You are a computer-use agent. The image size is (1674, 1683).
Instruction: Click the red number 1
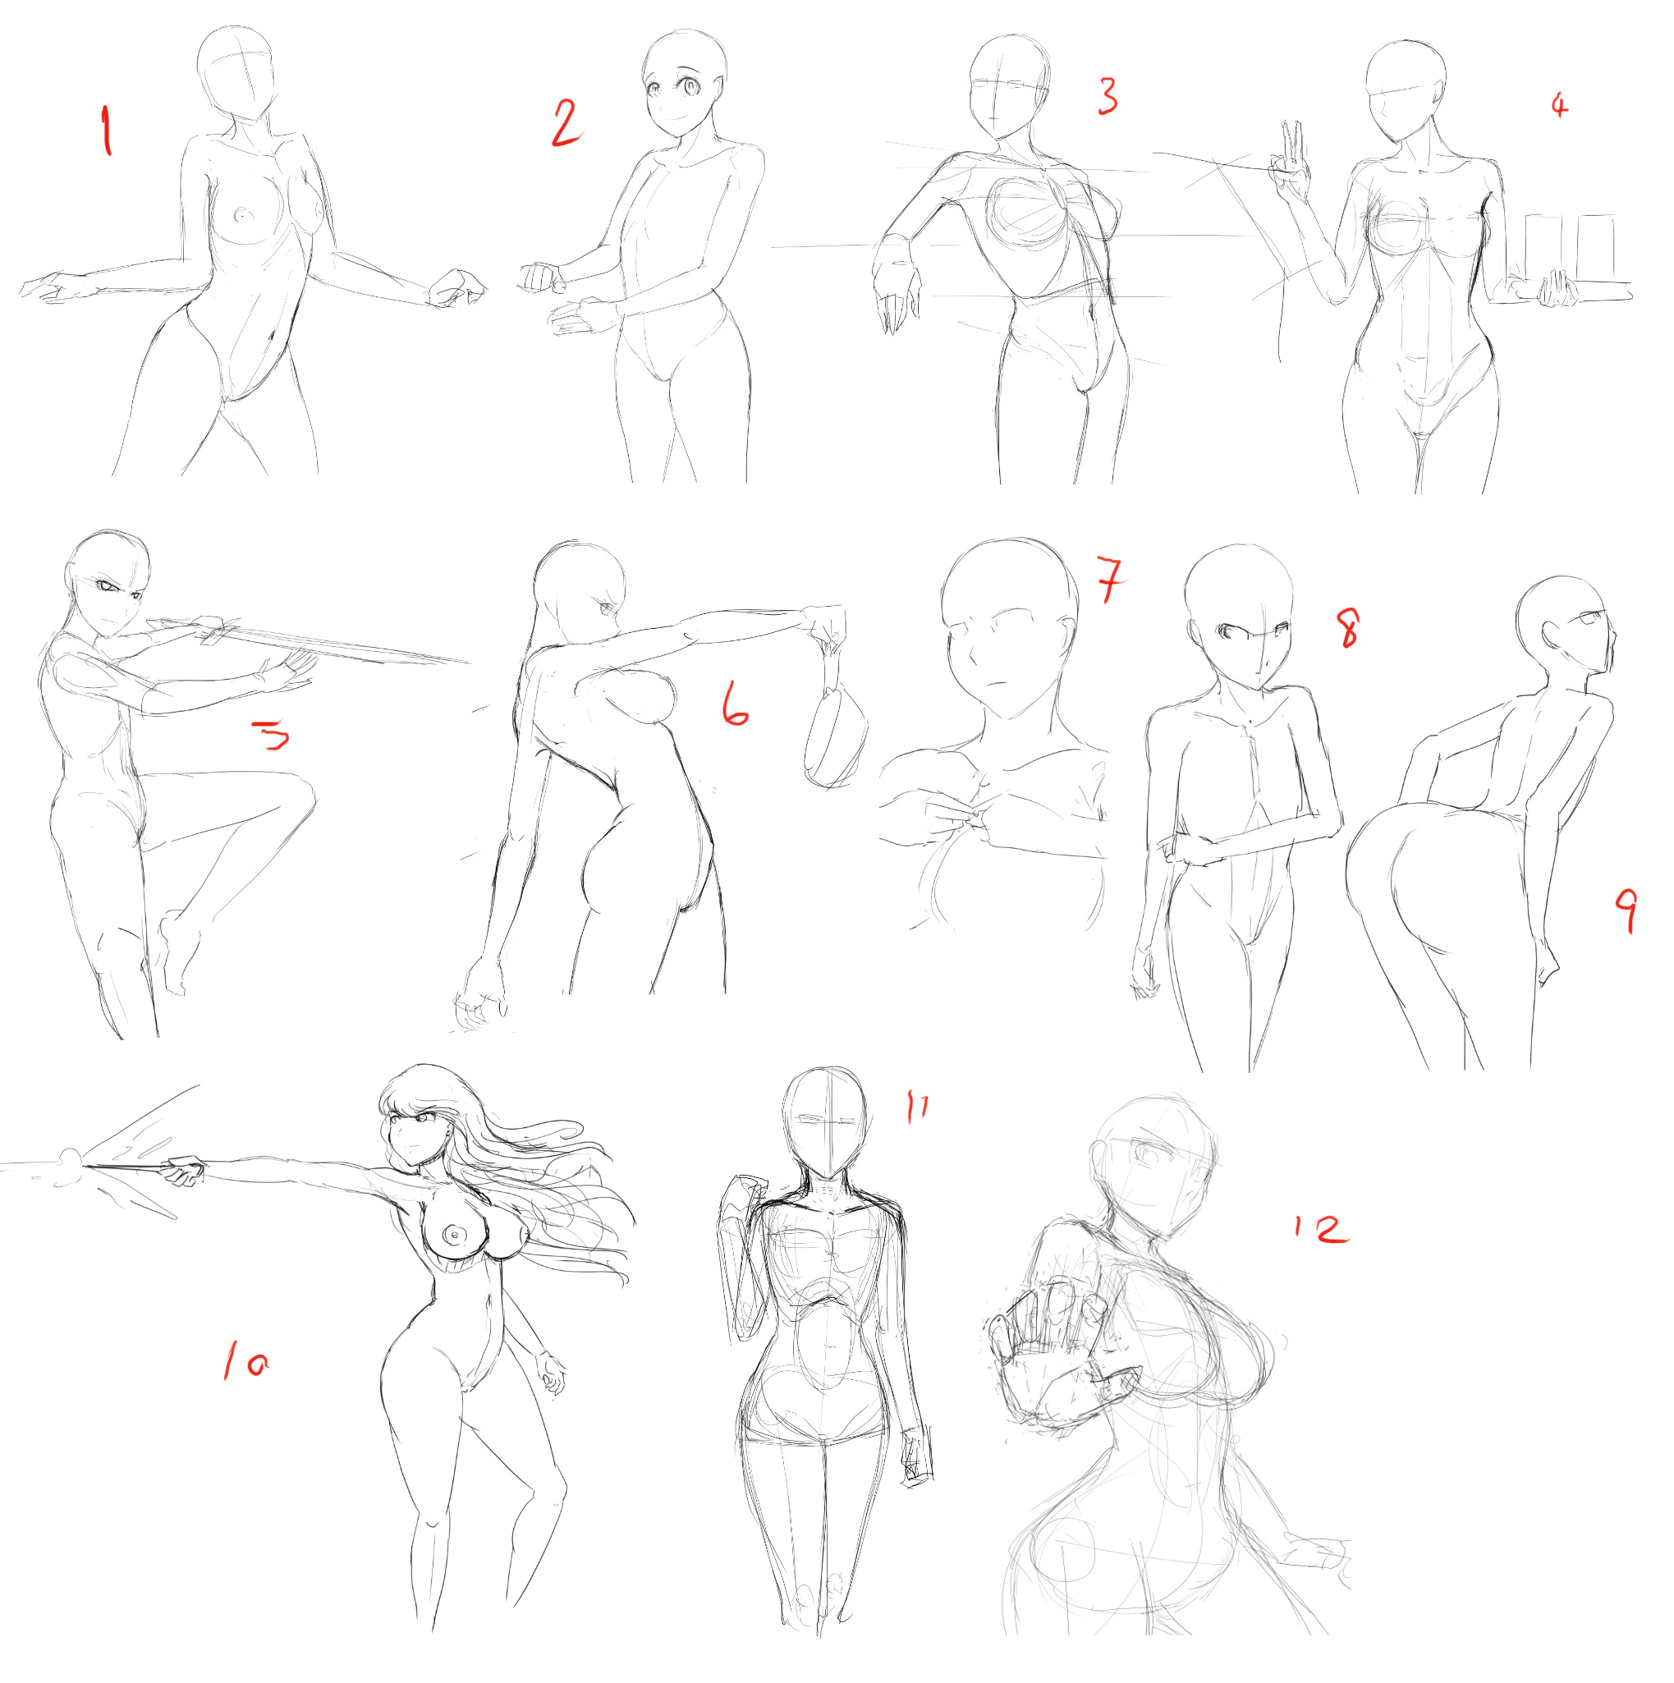106,130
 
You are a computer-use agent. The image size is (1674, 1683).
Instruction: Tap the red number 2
566,124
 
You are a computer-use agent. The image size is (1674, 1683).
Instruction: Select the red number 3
1108,96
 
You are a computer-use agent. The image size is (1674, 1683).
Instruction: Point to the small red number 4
1559,105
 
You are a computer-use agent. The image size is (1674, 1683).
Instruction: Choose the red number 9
1626,910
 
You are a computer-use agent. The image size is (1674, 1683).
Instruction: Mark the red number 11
917,1107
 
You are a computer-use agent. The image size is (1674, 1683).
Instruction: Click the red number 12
1320,1229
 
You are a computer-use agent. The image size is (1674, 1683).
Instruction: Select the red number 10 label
245,1360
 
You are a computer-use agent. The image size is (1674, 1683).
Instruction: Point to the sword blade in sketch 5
348,644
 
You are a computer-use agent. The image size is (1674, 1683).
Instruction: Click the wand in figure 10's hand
131,1167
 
